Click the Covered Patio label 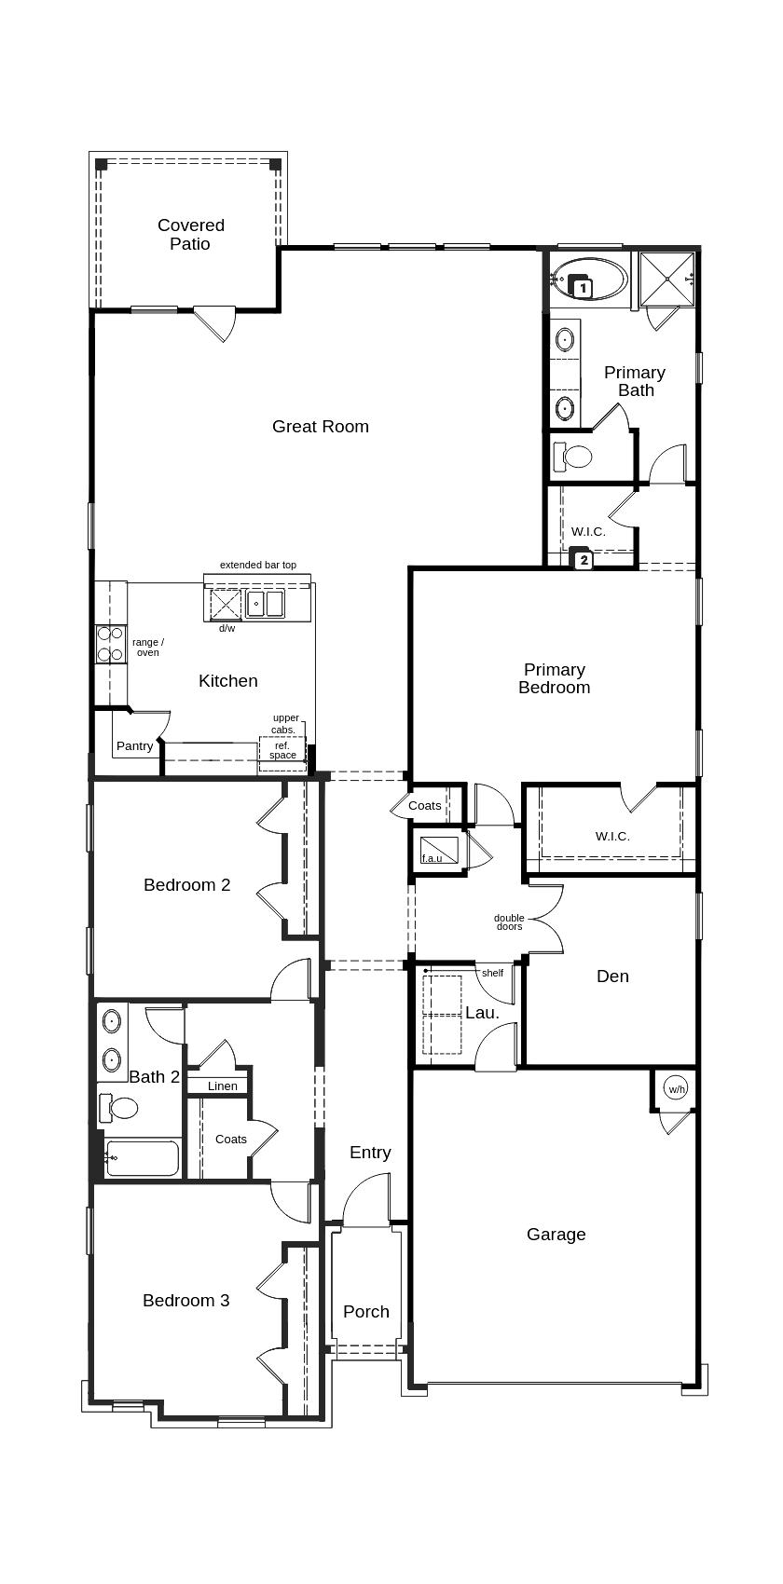[x=190, y=235]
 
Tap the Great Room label [x=320, y=427]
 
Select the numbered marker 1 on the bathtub [x=583, y=289]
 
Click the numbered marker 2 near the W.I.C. [x=584, y=561]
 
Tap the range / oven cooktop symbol [x=111, y=644]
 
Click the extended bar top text [x=258, y=565]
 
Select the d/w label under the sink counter [x=227, y=628]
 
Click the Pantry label [x=134, y=746]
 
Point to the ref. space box [x=282, y=750]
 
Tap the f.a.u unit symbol [x=438, y=851]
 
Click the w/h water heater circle [x=676, y=1089]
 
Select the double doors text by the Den [x=509, y=922]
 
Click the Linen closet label [x=222, y=1086]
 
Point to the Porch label [x=365, y=1312]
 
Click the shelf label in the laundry [x=492, y=973]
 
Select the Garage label [x=556, y=1235]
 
